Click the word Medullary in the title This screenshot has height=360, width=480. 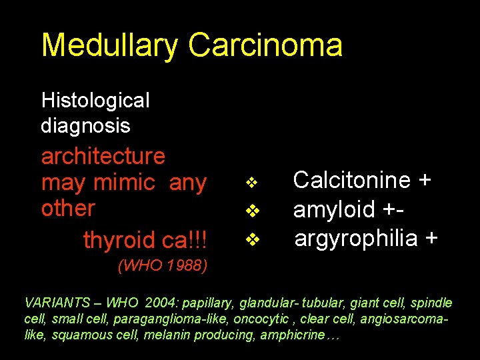point(110,45)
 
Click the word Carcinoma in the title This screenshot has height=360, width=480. point(265,45)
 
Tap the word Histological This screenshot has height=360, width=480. point(95,101)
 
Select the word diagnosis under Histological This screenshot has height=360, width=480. point(85,125)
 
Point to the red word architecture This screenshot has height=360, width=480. point(103,156)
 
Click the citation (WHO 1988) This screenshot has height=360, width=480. point(163,267)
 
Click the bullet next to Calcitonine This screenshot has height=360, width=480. point(251,182)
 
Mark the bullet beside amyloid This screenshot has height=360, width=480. point(251,211)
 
